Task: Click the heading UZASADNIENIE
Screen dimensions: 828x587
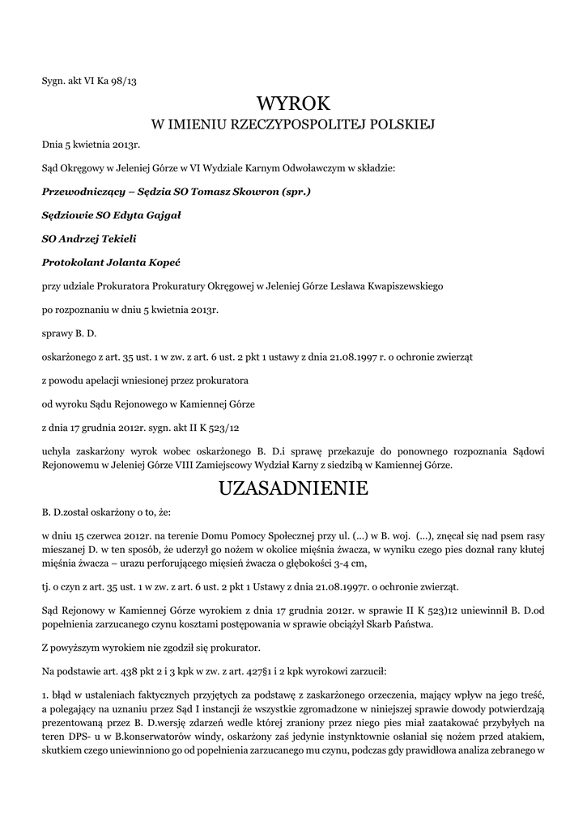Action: (x=293, y=489)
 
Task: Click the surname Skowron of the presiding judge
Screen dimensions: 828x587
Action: (x=248, y=192)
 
